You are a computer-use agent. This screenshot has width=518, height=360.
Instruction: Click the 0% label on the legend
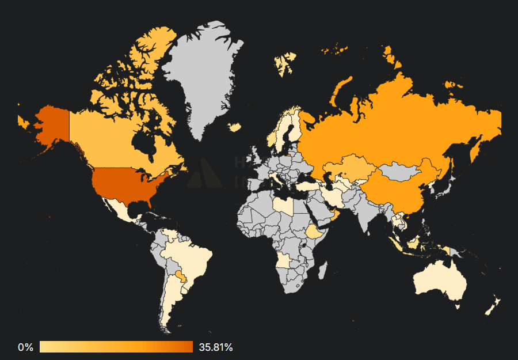point(25,347)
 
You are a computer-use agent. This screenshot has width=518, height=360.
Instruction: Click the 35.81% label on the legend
point(216,347)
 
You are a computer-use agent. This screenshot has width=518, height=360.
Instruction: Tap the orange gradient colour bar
point(116,347)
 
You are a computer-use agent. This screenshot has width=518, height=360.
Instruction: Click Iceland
point(234,127)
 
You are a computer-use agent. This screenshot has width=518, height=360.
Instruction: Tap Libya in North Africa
point(283,206)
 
